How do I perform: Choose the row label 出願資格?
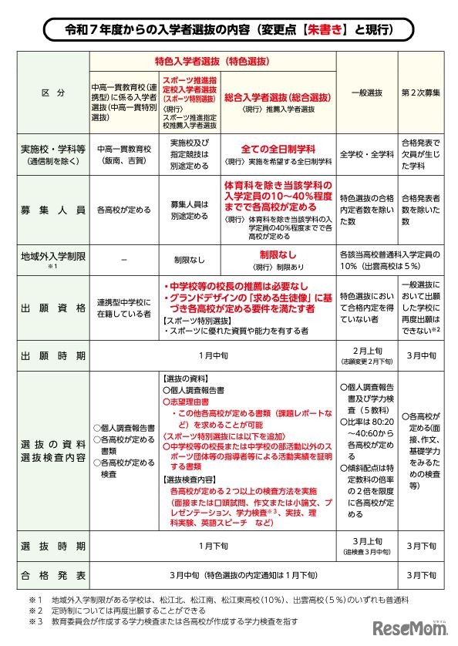point(52,307)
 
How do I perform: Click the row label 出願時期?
point(52,356)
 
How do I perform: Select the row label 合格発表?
point(52,575)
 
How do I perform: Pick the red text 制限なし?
point(276,253)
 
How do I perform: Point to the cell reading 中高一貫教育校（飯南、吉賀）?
point(123,154)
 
